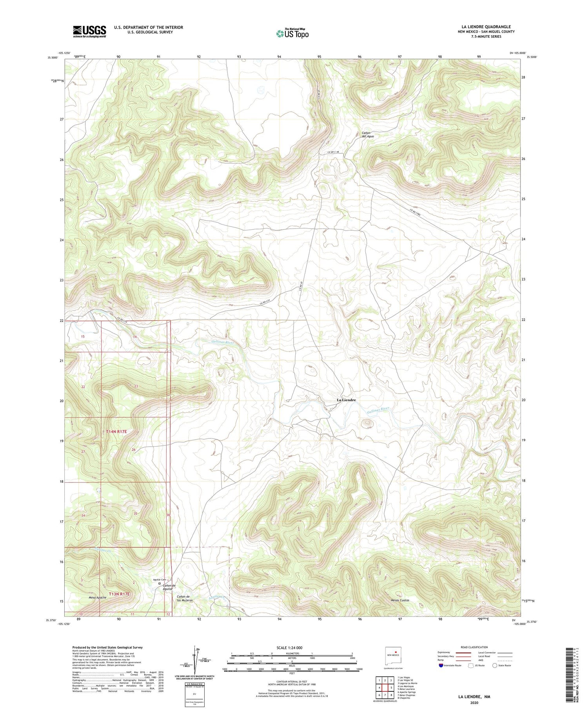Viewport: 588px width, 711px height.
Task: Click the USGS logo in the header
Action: pos(89,31)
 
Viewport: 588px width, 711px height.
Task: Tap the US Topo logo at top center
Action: pos(292,34)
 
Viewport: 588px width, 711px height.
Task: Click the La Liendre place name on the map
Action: pos(347,400)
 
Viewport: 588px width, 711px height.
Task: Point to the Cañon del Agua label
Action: pos(368,135)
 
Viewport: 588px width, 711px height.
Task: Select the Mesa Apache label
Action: pos(97,598)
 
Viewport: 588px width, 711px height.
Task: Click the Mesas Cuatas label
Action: pos(400,600)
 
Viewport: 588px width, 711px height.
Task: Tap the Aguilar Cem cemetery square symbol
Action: pos(160,584)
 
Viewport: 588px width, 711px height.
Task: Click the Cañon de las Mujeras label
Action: pos(185,598)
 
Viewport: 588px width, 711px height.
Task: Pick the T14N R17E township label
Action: pos(116,431)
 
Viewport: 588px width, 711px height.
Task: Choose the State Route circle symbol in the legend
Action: pos(495,666)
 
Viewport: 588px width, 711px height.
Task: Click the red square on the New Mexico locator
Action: pos(396,653)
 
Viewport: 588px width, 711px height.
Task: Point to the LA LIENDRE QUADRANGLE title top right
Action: pos(486,27)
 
